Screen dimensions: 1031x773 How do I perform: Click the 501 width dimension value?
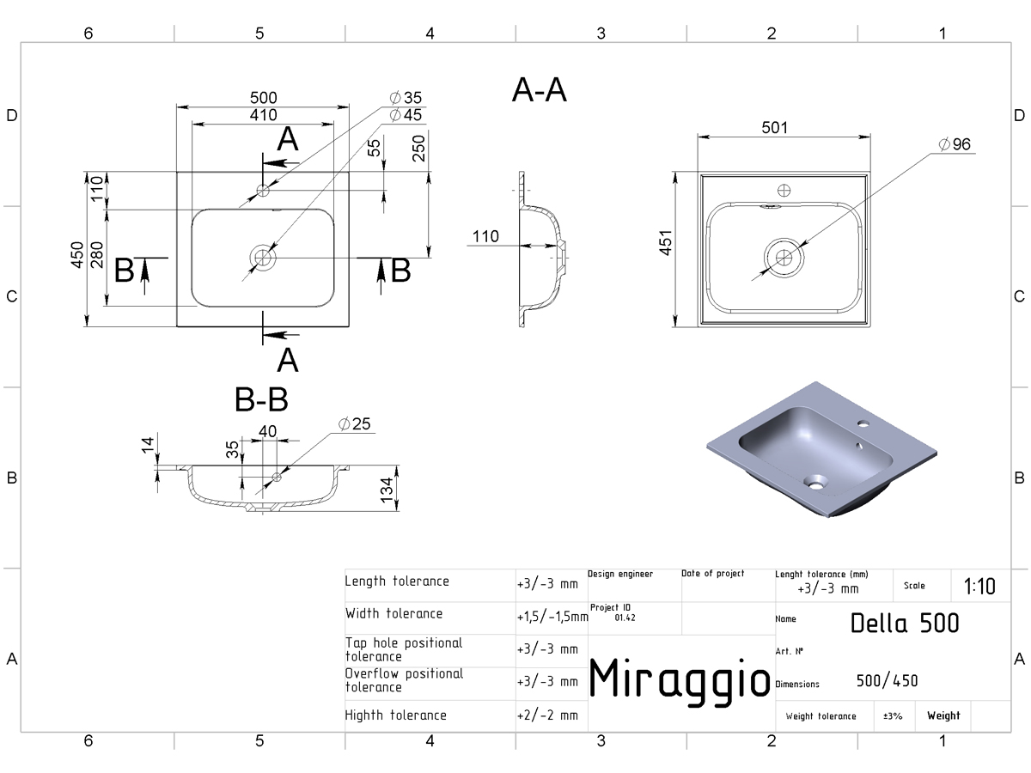[x=774, y=127]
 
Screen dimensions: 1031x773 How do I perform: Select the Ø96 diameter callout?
[x=955, y=144]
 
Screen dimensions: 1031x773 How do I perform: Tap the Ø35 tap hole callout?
[x=406, y=98]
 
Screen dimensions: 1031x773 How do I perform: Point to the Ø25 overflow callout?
[x=355, y=423]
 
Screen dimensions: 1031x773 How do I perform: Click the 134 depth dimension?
[x=386, y=490]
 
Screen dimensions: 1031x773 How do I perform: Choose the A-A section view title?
[x=540, y=89]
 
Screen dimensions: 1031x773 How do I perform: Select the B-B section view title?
[x=261, y=400]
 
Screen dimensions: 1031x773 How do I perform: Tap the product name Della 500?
[x=905, y=624]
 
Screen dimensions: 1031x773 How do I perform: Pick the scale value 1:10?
[x=979, y=587]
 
